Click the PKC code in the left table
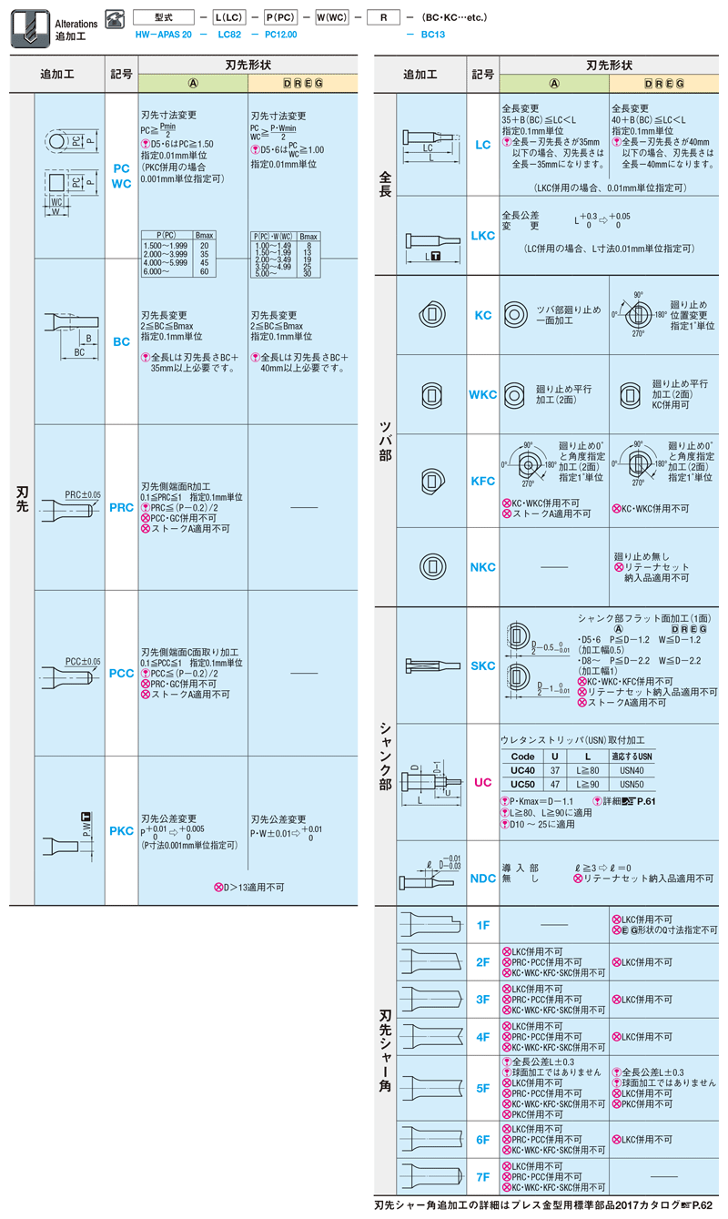coord(121,830)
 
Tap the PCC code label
coord(121,674)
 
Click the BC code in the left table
coord(121,342)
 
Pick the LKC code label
coord(483,236)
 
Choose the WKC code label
coord(483,395)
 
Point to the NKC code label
coord(483,567)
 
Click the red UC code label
coord(483,781)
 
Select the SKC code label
coord(483,666)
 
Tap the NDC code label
coord(483,879)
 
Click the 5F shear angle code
coord(483,1088)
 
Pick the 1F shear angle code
coord(483,925)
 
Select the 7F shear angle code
coord(483,1176)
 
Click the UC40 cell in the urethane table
coord(523,770)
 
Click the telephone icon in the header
coord(115,17)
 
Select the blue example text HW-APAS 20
coord(163,33)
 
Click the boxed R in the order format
coord(383,17)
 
